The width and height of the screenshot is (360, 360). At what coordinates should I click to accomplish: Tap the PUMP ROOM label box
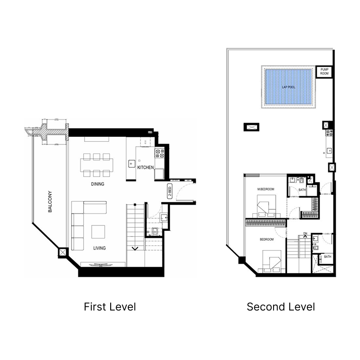click(324, 72)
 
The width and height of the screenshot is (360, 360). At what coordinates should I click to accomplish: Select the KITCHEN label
click(146, 167)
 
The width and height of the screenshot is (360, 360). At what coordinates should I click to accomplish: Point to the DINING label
click(97, 184)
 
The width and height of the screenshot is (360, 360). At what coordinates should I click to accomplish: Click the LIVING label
click(100, 248)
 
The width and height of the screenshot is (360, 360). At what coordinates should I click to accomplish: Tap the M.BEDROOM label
click(265, 189)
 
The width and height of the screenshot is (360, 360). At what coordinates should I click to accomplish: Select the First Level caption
click(110, 307)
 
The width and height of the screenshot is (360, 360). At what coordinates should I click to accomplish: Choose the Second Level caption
click(280, 307)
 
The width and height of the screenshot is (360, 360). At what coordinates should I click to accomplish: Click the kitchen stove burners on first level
click(159, 154)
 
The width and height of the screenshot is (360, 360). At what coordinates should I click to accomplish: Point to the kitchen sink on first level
click(131, 162)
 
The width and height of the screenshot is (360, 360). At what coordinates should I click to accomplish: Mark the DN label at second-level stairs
click(305, 234)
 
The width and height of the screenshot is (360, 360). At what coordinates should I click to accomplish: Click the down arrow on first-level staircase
click(134, 248)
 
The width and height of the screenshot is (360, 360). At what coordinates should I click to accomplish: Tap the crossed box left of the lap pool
click(251, 127)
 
